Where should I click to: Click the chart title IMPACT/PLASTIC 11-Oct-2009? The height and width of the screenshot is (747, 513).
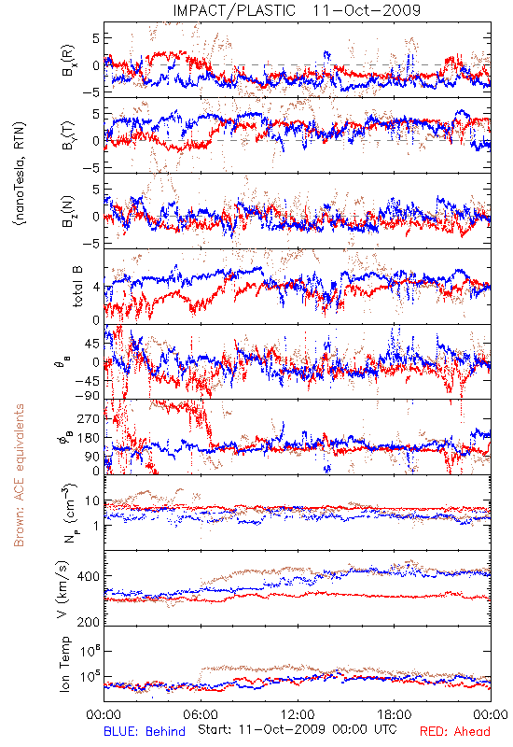[297, 10]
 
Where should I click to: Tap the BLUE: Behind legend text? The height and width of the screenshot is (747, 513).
[145, 731]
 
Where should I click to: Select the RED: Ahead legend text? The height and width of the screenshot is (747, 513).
[455, 731]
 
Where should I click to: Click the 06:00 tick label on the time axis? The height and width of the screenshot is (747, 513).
[201, 714]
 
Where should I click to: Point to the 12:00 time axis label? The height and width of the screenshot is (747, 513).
[298, 714]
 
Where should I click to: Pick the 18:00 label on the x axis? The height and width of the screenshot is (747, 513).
[395, 714]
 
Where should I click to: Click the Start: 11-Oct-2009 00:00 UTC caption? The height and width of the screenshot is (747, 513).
[298, 729]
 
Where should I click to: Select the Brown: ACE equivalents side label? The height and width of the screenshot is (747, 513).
[19, 475]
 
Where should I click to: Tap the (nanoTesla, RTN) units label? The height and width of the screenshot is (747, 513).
[20, 174]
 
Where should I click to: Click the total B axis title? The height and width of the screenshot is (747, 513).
[77, 287]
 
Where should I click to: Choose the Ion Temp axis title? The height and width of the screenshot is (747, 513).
[64, 664]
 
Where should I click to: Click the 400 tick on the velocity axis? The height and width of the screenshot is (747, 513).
[89, 576]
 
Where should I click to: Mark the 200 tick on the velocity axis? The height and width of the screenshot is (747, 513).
[89, 622]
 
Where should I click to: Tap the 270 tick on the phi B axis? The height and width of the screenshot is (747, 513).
[89, 418]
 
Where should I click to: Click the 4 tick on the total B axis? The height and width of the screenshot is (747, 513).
[96, 288]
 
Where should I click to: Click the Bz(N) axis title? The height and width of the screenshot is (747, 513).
[67, 211]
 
